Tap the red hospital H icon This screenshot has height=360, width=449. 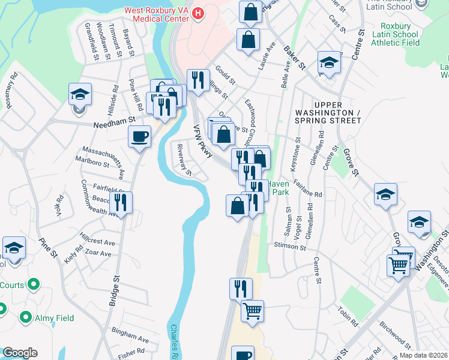(199, 11)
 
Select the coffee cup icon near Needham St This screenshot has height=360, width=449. (139, 137)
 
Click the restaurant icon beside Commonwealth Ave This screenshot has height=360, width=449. (122, 203)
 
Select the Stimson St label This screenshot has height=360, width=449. (289, 247)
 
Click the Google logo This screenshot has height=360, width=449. (20, 353)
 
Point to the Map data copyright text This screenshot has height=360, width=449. (424, 355)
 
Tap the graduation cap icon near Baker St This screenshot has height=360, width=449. (328, 62)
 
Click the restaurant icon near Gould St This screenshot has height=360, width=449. (197, 80)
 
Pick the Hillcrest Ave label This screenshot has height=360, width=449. (97, 242)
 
